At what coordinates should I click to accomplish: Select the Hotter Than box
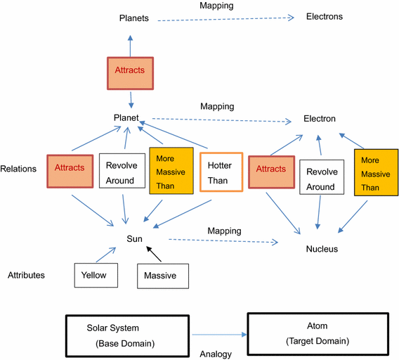pyautogui.click(x=221, y=172)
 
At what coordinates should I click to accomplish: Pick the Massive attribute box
pyautogui.click(x=163, y=276)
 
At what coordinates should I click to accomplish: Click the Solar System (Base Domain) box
pyautogui.click(x=127, y=335)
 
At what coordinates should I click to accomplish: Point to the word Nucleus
pyautogui.click(x=322, y=249)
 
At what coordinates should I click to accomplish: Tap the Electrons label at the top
pyautogui.click(x=325, y=16)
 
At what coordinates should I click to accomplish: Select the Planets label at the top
pyautogui.click(x=133, y=18)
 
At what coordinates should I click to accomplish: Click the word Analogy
pyautogui.click(x=216, y=354)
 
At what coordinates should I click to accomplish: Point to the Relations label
pyautogui.click(x=19, y=169)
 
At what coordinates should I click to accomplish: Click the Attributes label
pyautogui.click(x=26, y=275)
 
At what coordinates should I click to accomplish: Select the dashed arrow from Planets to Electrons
pyautogui.click(x=225, y=19)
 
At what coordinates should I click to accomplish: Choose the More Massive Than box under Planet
pyautogui.click(x=170, y=169)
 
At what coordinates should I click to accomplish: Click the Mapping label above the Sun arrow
pyautogui.click(x=224, y=231)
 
